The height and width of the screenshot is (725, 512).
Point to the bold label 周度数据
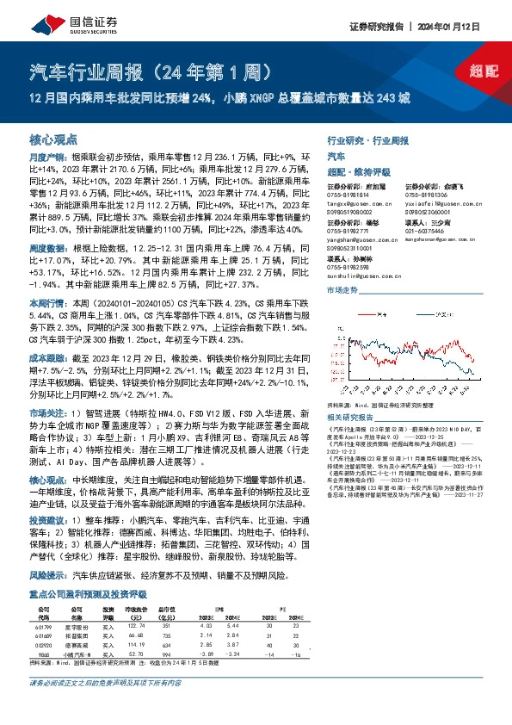(46, 222)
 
